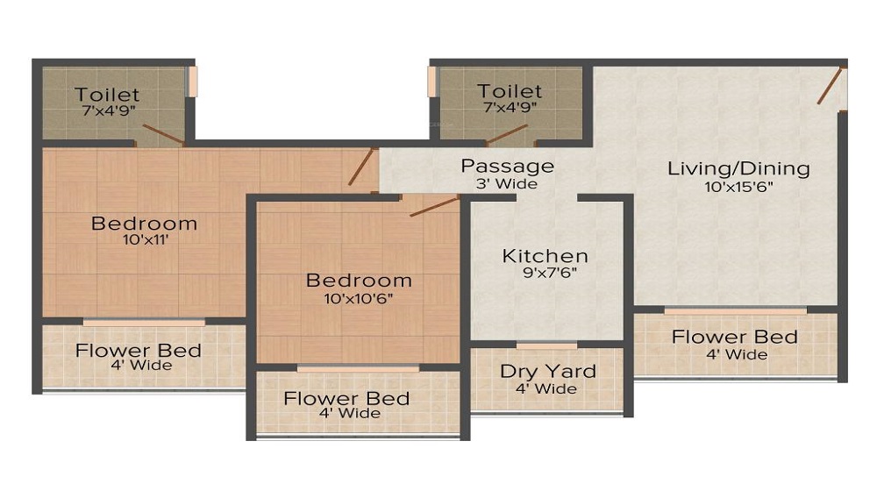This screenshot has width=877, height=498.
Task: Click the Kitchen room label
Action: [545, 256]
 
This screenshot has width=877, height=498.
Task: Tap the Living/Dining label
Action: [738, 169]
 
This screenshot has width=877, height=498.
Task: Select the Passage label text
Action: [507, 166]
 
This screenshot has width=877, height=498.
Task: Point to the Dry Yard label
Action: [547, 372]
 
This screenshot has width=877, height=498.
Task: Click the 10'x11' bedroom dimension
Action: [146, 240]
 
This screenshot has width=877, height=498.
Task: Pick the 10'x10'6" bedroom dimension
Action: [358, 298]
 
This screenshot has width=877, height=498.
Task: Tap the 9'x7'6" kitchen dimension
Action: [549, 273]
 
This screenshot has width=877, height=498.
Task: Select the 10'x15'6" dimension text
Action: [738, 187]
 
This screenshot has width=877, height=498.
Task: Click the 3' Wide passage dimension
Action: [507, 184]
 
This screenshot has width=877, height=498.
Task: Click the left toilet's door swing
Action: [163, 135]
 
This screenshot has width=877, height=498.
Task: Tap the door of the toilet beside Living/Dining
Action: [507, 135]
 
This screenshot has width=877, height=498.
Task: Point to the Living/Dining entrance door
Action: [831, 85]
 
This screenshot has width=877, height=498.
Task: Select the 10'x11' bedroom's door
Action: [360, 167]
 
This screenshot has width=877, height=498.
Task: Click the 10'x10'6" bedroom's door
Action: [435, 206]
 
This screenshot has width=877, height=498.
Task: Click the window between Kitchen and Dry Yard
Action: [546, 346]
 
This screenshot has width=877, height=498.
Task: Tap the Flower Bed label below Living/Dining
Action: [734, 337]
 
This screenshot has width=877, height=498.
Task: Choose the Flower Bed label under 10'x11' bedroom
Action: [139, 351]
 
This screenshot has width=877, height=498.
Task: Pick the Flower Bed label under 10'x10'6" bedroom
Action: [346, 399]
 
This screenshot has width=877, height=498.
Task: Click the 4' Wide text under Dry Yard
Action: [545, 389]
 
